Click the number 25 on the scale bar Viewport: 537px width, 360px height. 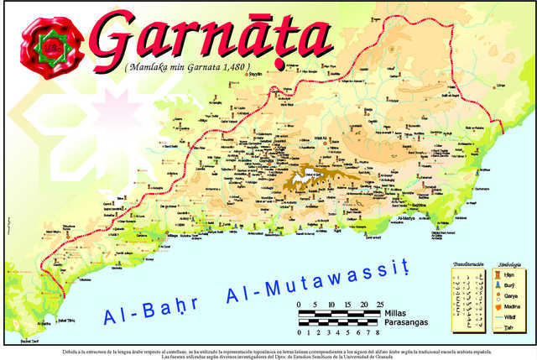pos(380,304)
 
